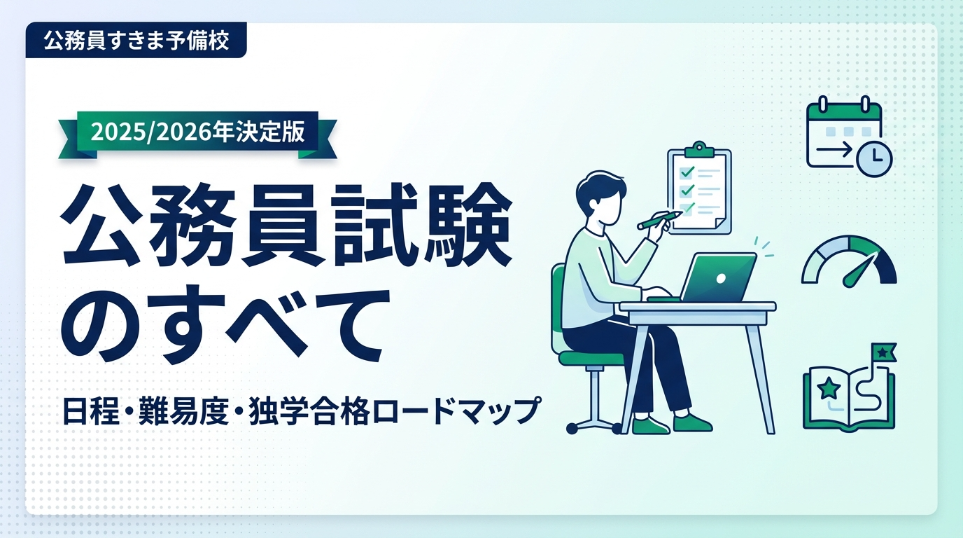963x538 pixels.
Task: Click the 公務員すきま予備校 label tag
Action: pos(136,41)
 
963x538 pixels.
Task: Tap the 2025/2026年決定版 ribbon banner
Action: pos(197,132)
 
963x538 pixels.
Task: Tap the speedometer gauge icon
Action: pos(849,261)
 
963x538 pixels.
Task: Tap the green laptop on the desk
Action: pos(718,277)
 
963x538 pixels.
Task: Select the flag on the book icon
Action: pos(883,352)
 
